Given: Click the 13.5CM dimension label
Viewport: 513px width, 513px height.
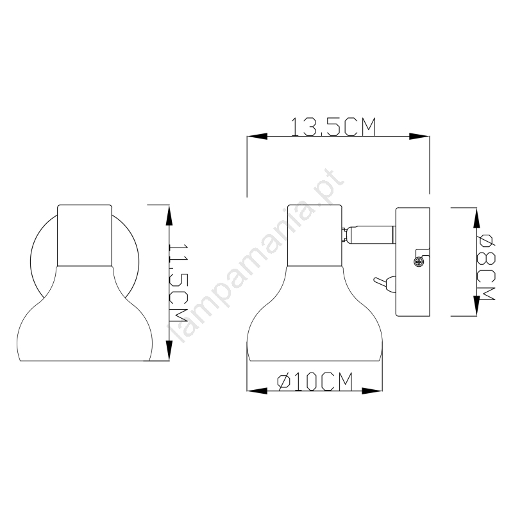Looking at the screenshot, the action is coord(333,127).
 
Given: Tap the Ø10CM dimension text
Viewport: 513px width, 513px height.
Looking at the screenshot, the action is coord(315,381).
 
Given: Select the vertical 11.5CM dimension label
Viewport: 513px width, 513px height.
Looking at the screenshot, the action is coord(178,282).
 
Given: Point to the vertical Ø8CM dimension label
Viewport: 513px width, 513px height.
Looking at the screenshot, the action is coord(485,267).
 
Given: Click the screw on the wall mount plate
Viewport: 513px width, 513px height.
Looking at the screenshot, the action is coord(417,261).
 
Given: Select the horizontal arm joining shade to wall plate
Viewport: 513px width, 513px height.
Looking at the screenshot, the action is coord(369,235).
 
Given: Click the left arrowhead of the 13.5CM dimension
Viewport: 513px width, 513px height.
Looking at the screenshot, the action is coord(257,137).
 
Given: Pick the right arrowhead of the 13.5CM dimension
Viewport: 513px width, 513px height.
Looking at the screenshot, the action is coord(419,137).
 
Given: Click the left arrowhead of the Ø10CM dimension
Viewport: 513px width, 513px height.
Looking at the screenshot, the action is coord(257,391).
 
